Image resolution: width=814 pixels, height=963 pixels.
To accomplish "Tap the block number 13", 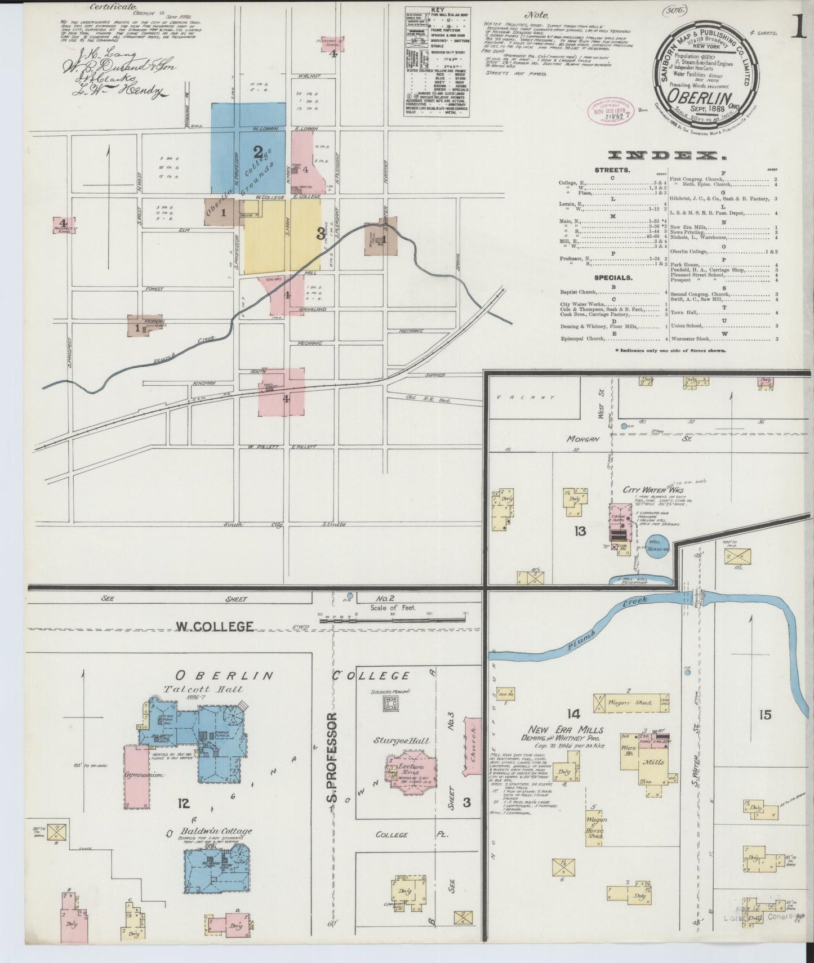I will coord(580,530).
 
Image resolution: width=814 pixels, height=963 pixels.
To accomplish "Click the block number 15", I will coord(764,715).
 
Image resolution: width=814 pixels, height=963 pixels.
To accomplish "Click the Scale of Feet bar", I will coord(394,619).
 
